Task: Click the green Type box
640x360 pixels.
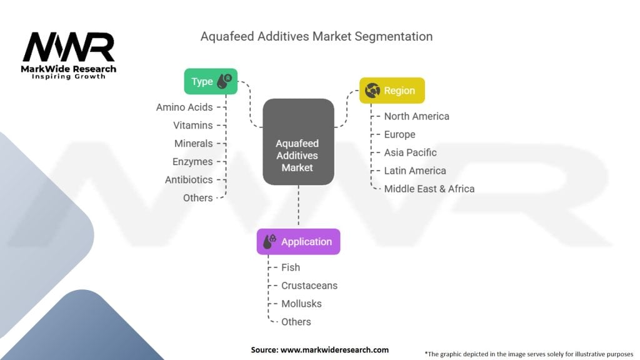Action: pos(211,81)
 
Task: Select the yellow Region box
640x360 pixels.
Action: pos(392,91)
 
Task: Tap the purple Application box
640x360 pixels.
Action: pos(298,242)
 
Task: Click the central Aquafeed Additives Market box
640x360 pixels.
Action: pos(298,142)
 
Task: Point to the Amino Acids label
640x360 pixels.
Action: pos(184,107)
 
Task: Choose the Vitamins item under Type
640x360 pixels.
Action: pos(193,126)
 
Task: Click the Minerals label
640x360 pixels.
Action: pos(194,144)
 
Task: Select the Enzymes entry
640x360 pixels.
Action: pos(192,162)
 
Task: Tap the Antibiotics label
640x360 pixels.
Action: pos(189,180)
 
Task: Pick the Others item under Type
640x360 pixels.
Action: pos(198,198)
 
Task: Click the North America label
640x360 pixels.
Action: pos(416,116)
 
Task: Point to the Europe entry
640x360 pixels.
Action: pos(399,134)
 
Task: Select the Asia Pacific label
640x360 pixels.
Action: pos(410,152)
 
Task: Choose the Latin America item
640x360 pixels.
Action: pos(415,171)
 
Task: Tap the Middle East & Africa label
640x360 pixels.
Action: pos(429,189)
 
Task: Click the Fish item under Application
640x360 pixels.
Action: pos(291,267)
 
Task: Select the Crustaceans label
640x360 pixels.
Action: pos(309,286)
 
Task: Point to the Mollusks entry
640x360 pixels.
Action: pos(301,304)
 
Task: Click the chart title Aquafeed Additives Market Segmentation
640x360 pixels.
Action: pos(316,36)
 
